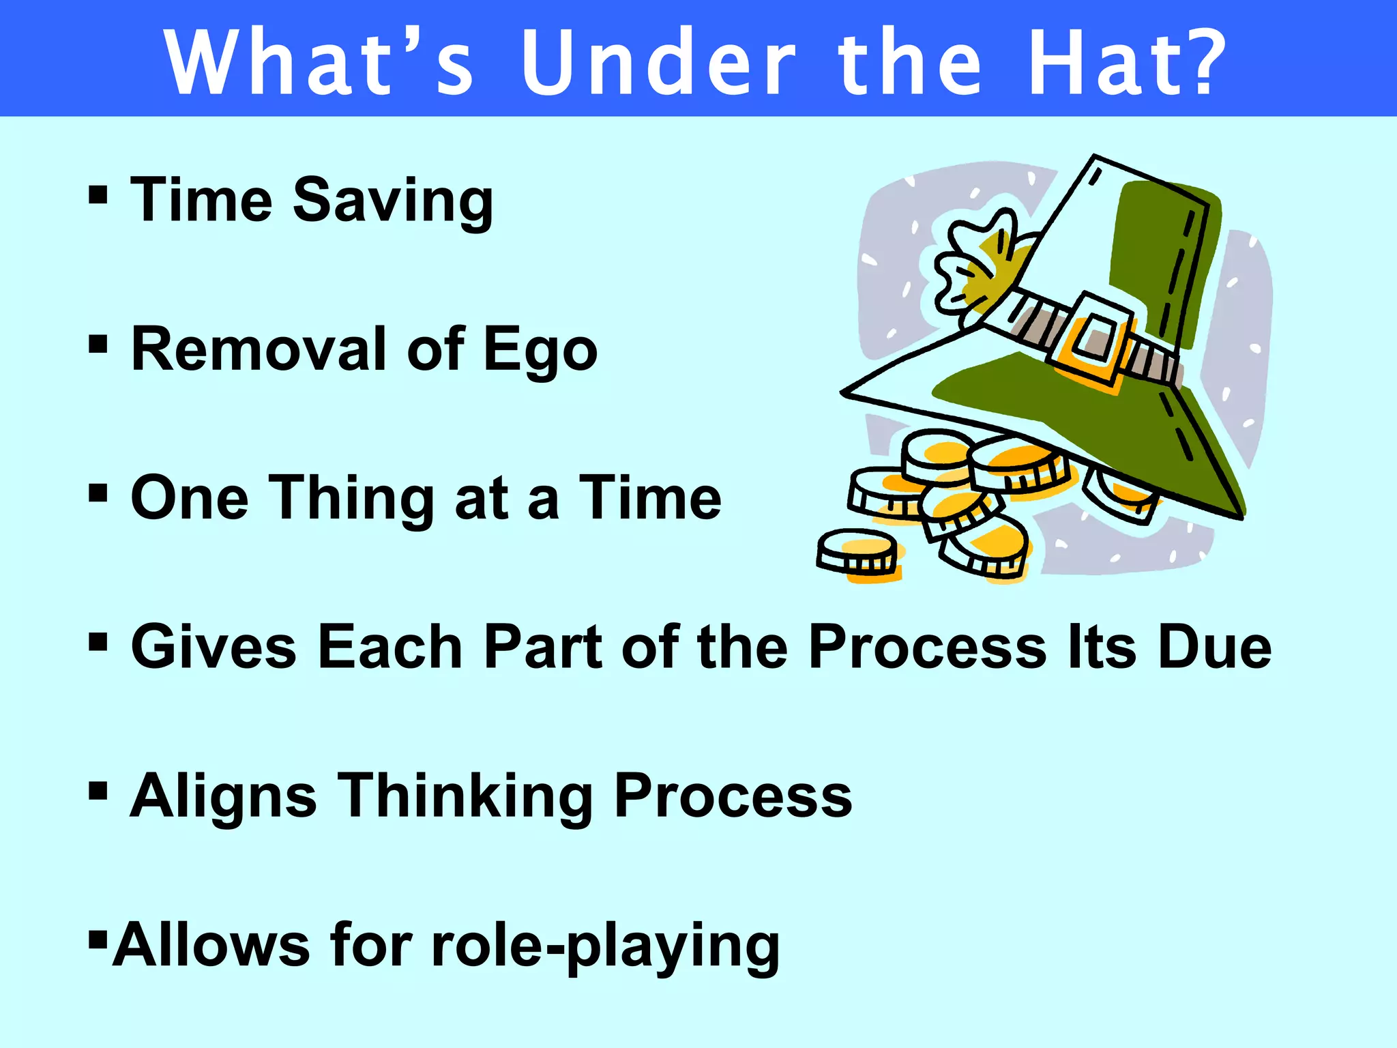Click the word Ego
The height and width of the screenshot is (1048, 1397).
(540, 350)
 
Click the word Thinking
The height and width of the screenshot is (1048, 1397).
(467, 796)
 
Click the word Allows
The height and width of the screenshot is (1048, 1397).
(211, 946)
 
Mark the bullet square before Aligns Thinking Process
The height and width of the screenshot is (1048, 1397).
(98, 791)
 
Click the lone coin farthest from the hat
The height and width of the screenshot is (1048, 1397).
(858, 553)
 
